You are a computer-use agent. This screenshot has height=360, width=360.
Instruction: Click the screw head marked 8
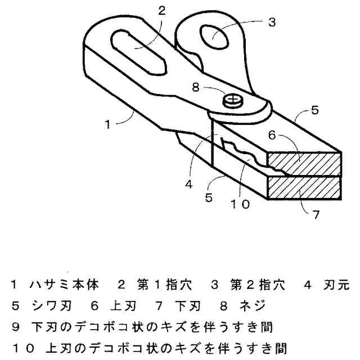(232, 101)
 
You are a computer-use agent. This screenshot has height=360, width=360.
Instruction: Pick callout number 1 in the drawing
(108, 124)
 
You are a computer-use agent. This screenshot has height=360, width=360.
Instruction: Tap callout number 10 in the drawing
(238, 205)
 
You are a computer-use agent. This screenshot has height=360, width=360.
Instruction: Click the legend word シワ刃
(52, 306)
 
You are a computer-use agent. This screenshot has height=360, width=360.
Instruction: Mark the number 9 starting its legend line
(15, 327)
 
